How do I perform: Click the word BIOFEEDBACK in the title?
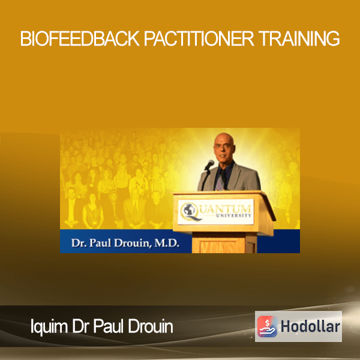(x=80, y=38)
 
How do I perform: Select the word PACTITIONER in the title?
(x=199, y=38)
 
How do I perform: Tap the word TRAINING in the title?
(x=299, y=38)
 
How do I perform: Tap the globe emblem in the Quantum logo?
(x=189, y=211)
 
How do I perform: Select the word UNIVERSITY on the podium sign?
(x=234, y=215)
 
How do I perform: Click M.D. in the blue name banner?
(x=167, y=243)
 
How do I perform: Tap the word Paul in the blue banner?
(x=100, y=243)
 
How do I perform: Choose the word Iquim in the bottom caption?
(x=49, y=327)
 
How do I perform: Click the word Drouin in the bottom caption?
(x=151, y=326)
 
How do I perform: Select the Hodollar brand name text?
(x=310, y=326)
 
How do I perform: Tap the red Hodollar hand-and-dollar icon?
(x=267, y=326)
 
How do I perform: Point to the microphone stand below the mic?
(x=205, y=180)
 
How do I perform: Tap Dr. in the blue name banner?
(x=79, y=243)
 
